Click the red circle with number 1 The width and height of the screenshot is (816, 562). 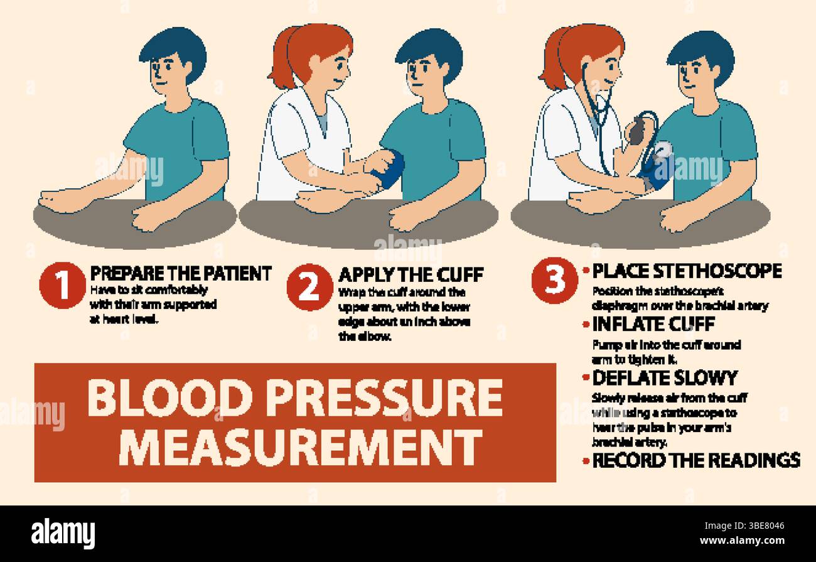click(62, 286)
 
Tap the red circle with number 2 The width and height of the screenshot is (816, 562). click(309, 287)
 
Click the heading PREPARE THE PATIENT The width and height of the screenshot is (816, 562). click(181, 274)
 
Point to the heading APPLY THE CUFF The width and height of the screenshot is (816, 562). click(411, 274)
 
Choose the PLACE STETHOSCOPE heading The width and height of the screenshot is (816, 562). click(687, 271)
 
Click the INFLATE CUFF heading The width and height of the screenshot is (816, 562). click(653, 325)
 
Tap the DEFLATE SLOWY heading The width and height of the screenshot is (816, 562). click(664, 378)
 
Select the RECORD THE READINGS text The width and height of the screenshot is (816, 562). click(695, 460)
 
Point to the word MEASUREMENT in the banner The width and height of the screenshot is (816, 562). click(300, 447)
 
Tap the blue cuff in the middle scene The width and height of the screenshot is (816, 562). click(390, 168)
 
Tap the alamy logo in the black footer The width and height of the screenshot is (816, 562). click(63, 534)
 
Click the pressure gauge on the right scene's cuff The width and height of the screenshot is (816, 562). click(662, 151)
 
